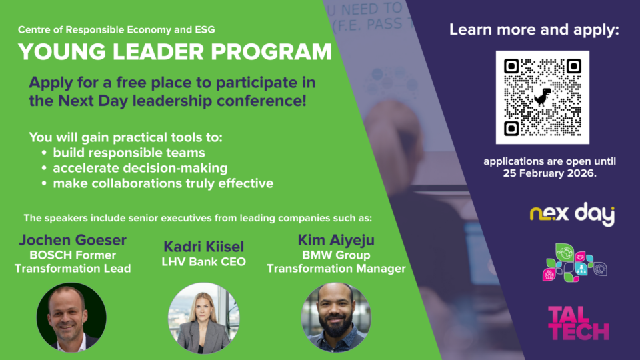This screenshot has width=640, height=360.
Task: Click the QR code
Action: point(543,97)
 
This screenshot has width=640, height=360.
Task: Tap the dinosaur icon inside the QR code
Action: point(543,97)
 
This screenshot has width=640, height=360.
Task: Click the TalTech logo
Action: point(579,323)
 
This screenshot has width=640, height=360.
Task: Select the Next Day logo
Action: point(572,214)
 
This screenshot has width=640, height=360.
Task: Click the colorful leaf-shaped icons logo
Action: point(574,263)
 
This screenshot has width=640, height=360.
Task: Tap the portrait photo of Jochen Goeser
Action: point(71,317)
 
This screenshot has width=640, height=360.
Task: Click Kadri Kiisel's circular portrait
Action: point(204,318)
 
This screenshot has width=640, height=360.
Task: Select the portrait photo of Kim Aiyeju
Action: point(336,317)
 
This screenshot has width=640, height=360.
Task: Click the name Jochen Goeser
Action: point(73,240)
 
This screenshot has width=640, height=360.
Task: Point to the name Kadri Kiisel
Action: point(204,247)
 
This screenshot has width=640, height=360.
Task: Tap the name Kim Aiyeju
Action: point(336,240)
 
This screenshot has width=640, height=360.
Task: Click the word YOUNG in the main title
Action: point(62,52)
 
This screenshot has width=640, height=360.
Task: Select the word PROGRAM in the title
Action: point(271,52)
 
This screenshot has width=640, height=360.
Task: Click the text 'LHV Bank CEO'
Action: point(204,261)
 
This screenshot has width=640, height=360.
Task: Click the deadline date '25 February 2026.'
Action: point(550,173)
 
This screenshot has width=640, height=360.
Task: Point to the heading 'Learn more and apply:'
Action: point(534,29)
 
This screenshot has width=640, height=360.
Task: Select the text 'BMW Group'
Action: point(336,255)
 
